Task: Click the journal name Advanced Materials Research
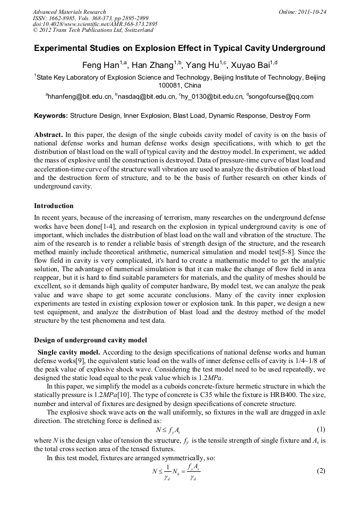click(69, 11)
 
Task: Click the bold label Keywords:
click(51, 115)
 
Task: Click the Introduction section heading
click(54, 205)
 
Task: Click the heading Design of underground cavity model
click(90, 340)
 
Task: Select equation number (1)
click(321, 429)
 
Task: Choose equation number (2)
click(321, 471)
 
